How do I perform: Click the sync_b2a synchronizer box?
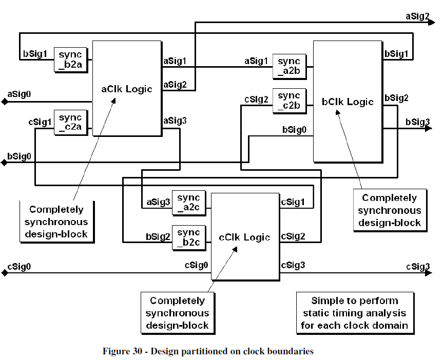pyautogui.click(x=71, y=60)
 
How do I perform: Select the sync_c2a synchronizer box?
pyautogui.click(x=71, y=123)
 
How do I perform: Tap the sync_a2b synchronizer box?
pyautogui.click(x=290, y=66)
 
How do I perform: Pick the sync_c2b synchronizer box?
pyautogui.click(x=290, y=101)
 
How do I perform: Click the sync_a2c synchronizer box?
pyautogui.click(x=189, y=203)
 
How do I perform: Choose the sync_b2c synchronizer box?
pyautogui.click(x=189, y=238)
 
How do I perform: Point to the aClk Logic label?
pyautogui.click(x=127, y=89)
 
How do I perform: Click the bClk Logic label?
pyautogui.click(x=348, y=102)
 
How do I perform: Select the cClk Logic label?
pyautogui.click(x=244, y=237)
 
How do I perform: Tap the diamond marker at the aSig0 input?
pyautogui.click(x=5, y=102)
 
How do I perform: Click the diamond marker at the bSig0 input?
pyautogui.click(x=4, y=163)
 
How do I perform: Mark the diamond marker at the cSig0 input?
pyautogui.click(x=5, y=273)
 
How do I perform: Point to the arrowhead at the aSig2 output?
pyautogui.click(x=432, y=22)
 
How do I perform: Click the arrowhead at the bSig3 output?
pyautogui.click(x=429, y=129)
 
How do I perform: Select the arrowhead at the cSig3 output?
pyautogui.click(x=429, y=273)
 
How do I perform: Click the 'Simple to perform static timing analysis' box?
pyautogui.click(x=355, y=313)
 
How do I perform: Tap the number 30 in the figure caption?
pyautogui.click(x=137, y=351)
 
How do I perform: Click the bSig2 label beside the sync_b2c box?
pyautogui.click(x=158, y=236)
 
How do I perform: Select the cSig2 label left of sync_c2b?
pyautogui.click(x=256, y=99)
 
